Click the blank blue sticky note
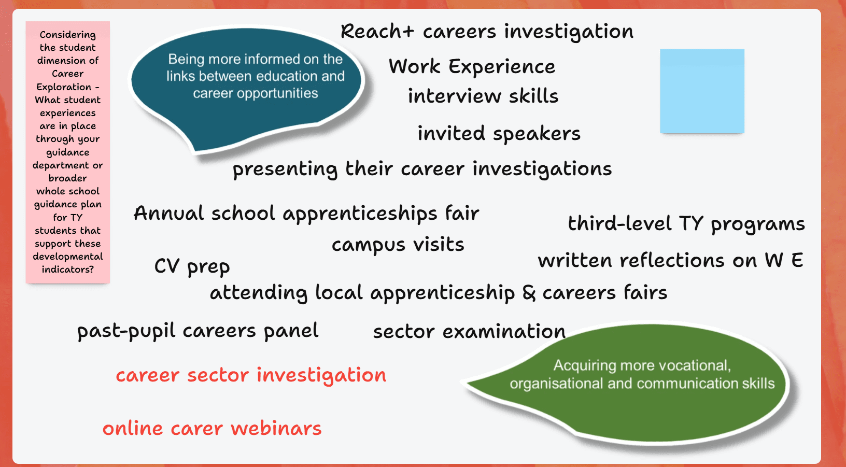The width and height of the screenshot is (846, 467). (702, 91)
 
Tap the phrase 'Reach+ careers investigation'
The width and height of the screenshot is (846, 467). (487, 32)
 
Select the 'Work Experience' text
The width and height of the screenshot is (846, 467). (472, 67)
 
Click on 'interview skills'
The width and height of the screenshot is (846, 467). (483, 96)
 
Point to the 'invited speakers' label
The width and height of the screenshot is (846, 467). (499, 134)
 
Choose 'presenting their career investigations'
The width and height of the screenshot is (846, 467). (422, 169)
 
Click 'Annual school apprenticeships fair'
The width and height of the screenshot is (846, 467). (306, 214)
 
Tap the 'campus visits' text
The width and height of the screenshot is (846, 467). (398, 245)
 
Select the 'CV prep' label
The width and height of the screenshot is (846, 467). (192, 267)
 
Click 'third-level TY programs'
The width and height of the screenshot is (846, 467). (686, 224)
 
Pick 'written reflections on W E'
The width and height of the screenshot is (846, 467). (670, 261)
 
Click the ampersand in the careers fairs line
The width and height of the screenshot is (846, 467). (529, 293)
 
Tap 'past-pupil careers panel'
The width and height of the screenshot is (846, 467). (198, 332)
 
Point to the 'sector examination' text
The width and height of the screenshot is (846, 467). (469, 332)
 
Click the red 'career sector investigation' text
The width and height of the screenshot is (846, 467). (251, 376)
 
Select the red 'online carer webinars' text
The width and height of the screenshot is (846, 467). (212, 429)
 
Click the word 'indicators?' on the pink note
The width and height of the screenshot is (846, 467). (67, 270)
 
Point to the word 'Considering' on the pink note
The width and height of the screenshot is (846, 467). (67, 35)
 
